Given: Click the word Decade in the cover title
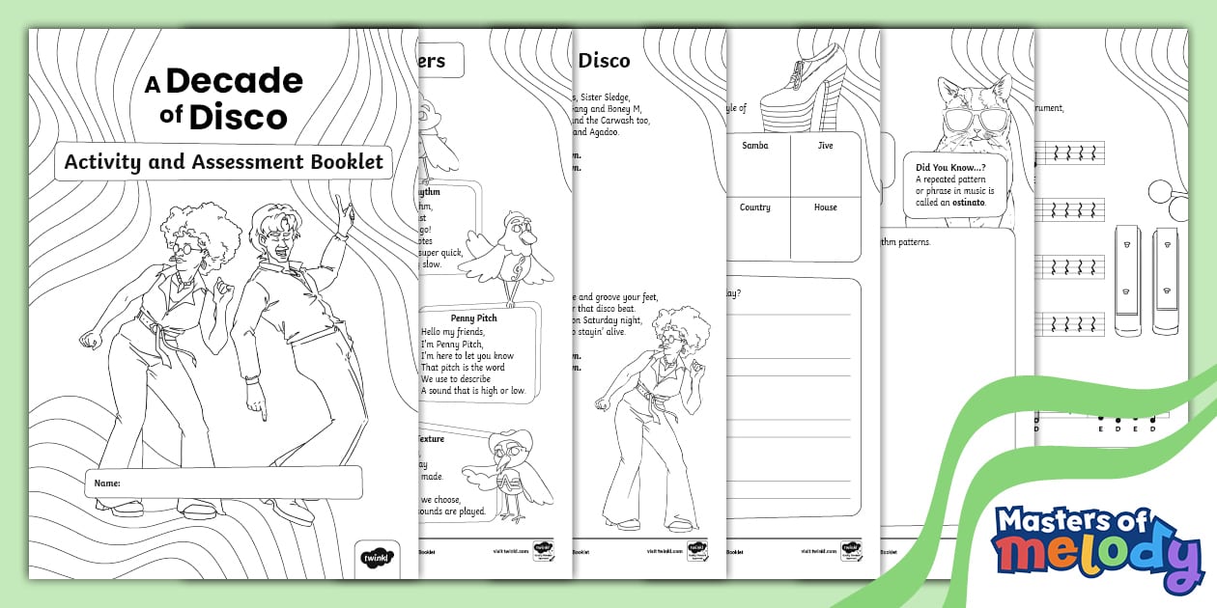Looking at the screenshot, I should tap(234, 82).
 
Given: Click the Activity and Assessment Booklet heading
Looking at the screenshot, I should tap(223, 161).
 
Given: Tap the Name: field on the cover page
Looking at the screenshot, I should tap(223, 483).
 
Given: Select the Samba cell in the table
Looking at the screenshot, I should tap(755, 146).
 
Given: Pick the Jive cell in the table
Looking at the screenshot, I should tap(824, 146).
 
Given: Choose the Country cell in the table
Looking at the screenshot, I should tap(755, 207).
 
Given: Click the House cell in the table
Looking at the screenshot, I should tap(824, 207).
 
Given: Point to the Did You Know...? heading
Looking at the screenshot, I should tap(956, 167).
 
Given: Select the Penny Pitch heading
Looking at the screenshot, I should tap(473, 317).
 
